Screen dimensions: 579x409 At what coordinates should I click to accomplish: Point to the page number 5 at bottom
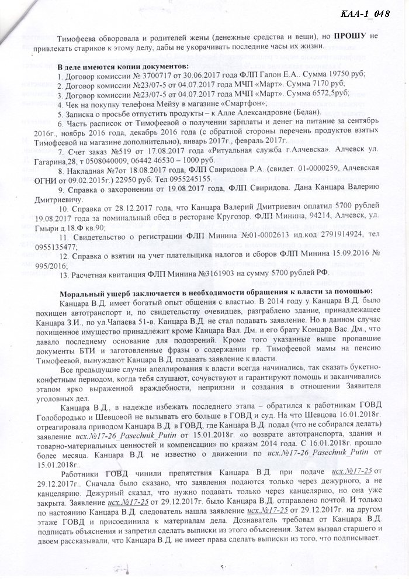[222, 567]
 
